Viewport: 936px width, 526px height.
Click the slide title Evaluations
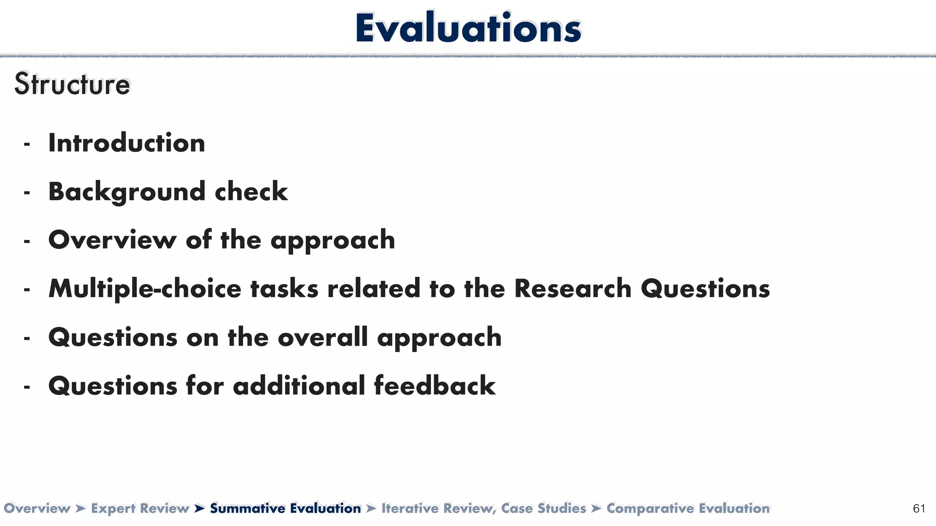(468, 28)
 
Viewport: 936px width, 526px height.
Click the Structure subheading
(72, 84)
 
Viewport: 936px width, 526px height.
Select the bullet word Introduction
(127, 143)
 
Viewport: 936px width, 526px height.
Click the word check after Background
(251, 192)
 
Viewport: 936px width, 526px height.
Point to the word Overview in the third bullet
(112, 240)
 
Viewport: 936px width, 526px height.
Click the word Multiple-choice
(145, 289)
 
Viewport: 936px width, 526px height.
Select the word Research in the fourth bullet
(573, 289)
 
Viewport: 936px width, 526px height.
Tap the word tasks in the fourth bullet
(284, 289)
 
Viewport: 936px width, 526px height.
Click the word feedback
(435, 386)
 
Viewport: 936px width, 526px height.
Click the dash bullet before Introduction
(27, 145)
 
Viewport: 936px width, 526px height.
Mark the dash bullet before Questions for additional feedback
(27, 388)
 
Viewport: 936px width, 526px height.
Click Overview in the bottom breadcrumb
(37, 508)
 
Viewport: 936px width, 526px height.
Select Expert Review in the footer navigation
(140, 508)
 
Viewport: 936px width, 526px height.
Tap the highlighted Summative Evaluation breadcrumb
(285, 508)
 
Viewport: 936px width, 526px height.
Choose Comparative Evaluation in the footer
(688, 508)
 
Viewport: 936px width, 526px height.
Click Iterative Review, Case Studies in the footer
(484, 508)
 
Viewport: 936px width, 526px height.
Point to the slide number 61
(919, 509)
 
